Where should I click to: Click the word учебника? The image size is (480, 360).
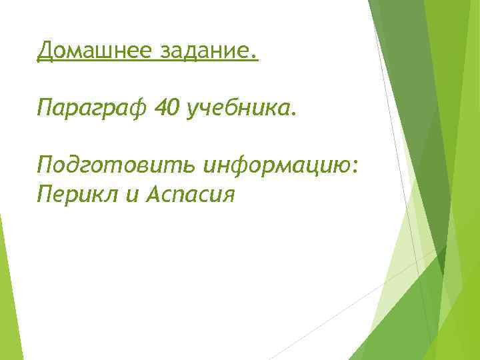[239, 107]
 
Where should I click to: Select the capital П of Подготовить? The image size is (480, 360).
[45, 164]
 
